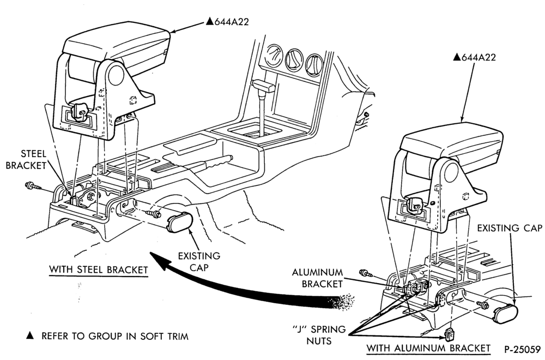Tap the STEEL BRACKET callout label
coord(26,159)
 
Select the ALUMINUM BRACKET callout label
coord(317,278)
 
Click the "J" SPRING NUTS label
coord(319,335)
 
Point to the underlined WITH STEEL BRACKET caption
coord(98,269)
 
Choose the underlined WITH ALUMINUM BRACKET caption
coord(428,348)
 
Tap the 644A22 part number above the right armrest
coord(475,57)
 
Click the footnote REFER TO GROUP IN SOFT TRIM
coord(115,337)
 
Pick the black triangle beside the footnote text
coord(31,336)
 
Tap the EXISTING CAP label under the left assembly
coord(199,262)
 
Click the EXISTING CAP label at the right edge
coord(510,228)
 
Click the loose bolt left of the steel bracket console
coord(33,186)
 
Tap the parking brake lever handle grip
coord(216,163)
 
